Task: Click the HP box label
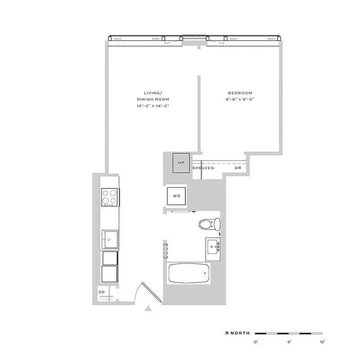click(x=182, y=162)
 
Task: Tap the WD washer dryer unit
click(x=176, y=196)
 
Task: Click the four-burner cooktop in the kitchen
click(x=110, y=197)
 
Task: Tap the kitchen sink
click(x=110, y=239)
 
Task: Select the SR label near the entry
click(x=101, y=292)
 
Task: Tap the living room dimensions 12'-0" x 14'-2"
click(x=153, y=106)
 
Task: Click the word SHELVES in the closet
click(x=203, y=168)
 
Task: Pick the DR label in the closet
click(x=238, y=168)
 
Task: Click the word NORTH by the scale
click(x=240, y=333)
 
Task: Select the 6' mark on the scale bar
click(x=288, y=342)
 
